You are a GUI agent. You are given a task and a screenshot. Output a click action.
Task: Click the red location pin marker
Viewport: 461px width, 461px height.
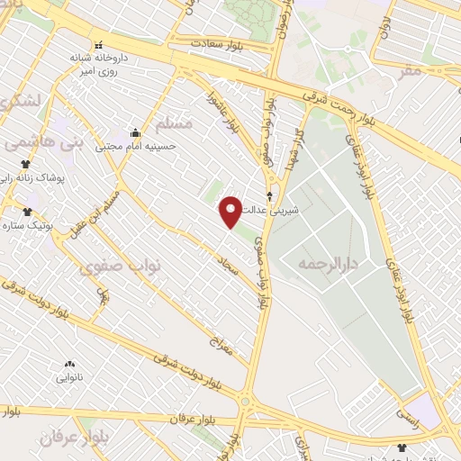click(x=231, y=211)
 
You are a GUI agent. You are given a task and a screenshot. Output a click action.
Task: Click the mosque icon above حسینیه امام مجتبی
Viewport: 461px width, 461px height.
click(x=136, y=132)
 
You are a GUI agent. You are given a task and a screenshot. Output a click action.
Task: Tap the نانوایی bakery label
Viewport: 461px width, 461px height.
click(x=69, y=377)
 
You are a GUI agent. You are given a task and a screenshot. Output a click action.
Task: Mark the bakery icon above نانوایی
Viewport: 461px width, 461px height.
click(x=69, y=364)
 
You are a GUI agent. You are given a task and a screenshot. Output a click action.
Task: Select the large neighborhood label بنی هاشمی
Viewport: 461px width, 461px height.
click(x=44, y=142)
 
